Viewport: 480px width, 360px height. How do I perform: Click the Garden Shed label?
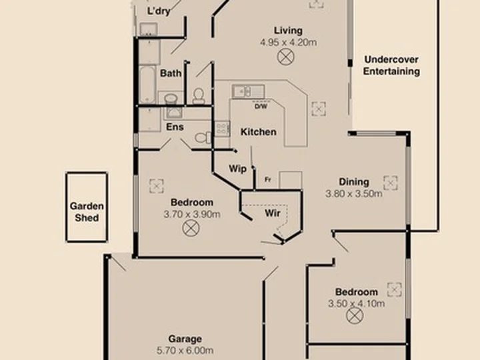tap(87, 212)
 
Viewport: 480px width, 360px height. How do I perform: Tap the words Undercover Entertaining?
tap(391, 65)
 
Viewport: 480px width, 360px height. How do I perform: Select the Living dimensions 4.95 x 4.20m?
tap(289, 42)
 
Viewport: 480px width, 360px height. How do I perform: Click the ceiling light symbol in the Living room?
tap(286, 57)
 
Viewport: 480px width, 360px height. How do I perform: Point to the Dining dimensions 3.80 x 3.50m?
tap(354, 193)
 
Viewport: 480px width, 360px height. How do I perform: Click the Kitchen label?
tap(259, 132)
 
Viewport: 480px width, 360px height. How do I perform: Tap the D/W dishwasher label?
tap(261, 107)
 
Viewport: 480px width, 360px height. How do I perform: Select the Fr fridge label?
tap(268, 180)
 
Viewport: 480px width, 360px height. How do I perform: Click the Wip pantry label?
tap(237, 169)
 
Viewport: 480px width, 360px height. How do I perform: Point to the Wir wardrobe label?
tap(273, 213)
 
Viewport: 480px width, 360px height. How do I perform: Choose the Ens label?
tap(175, 127)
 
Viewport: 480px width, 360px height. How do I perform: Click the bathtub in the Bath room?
tap(147, 85)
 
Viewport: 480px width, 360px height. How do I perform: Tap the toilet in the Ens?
tap(203, 138)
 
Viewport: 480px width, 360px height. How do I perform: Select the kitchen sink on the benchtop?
tap(248, 91)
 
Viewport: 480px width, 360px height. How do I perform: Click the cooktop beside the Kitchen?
tap(222, 129)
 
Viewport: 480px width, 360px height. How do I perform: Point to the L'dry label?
tap(159, 11)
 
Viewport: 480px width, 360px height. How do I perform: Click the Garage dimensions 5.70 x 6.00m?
tap(185, 350)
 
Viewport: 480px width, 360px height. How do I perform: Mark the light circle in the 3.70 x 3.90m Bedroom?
tap(191, 229)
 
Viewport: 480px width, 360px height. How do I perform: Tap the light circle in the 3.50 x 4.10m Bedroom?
tap(355, 315)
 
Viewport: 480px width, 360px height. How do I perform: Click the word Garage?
tap(185, 339)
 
